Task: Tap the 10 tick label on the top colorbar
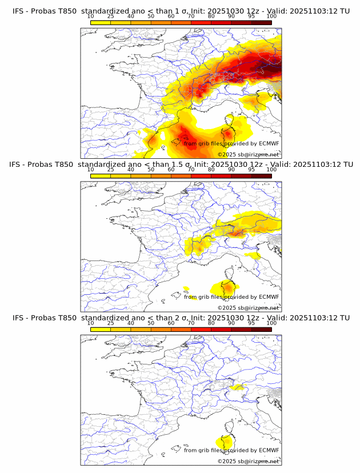(91, 17)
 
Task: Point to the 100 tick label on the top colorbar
(271, 17)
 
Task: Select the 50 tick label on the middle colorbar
(151, 170)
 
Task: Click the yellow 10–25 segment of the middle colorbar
(101, 176)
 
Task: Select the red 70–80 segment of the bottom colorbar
(201, 329)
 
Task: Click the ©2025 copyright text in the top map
(248, 154)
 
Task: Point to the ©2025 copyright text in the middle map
(248, 307)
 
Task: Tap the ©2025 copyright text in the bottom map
(248, 461)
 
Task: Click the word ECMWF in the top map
(269, 143)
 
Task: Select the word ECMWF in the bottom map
(269, 450)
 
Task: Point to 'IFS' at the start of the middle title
(18, 165)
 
